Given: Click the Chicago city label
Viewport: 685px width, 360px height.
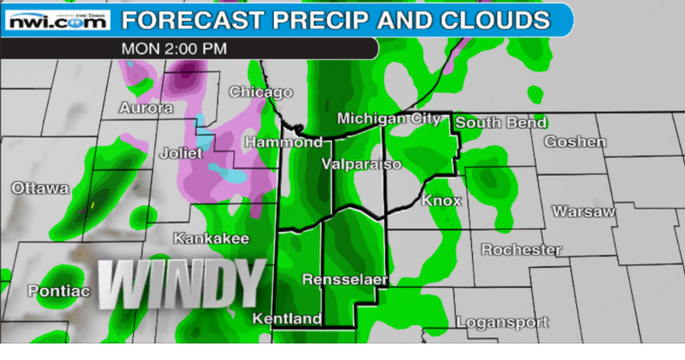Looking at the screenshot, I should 260,92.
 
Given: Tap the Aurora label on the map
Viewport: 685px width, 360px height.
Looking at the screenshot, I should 145,109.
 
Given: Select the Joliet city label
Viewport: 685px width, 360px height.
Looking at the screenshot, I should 181,153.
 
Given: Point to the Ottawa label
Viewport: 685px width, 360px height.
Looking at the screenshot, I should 40,188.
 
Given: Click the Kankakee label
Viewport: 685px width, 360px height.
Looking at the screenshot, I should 211,238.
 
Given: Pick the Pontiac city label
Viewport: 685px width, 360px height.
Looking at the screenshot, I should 58,291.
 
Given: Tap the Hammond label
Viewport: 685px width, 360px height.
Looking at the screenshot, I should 283,142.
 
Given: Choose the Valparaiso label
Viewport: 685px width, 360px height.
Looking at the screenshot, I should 361,163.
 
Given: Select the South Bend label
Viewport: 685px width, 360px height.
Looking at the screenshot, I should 501,123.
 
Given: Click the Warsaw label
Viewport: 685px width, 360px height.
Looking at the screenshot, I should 583,211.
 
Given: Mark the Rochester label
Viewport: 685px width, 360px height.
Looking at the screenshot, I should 522,250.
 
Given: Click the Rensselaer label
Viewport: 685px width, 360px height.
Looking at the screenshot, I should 344,279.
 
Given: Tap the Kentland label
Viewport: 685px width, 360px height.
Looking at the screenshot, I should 286,319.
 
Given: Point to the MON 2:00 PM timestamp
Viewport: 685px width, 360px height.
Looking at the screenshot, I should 174,49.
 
